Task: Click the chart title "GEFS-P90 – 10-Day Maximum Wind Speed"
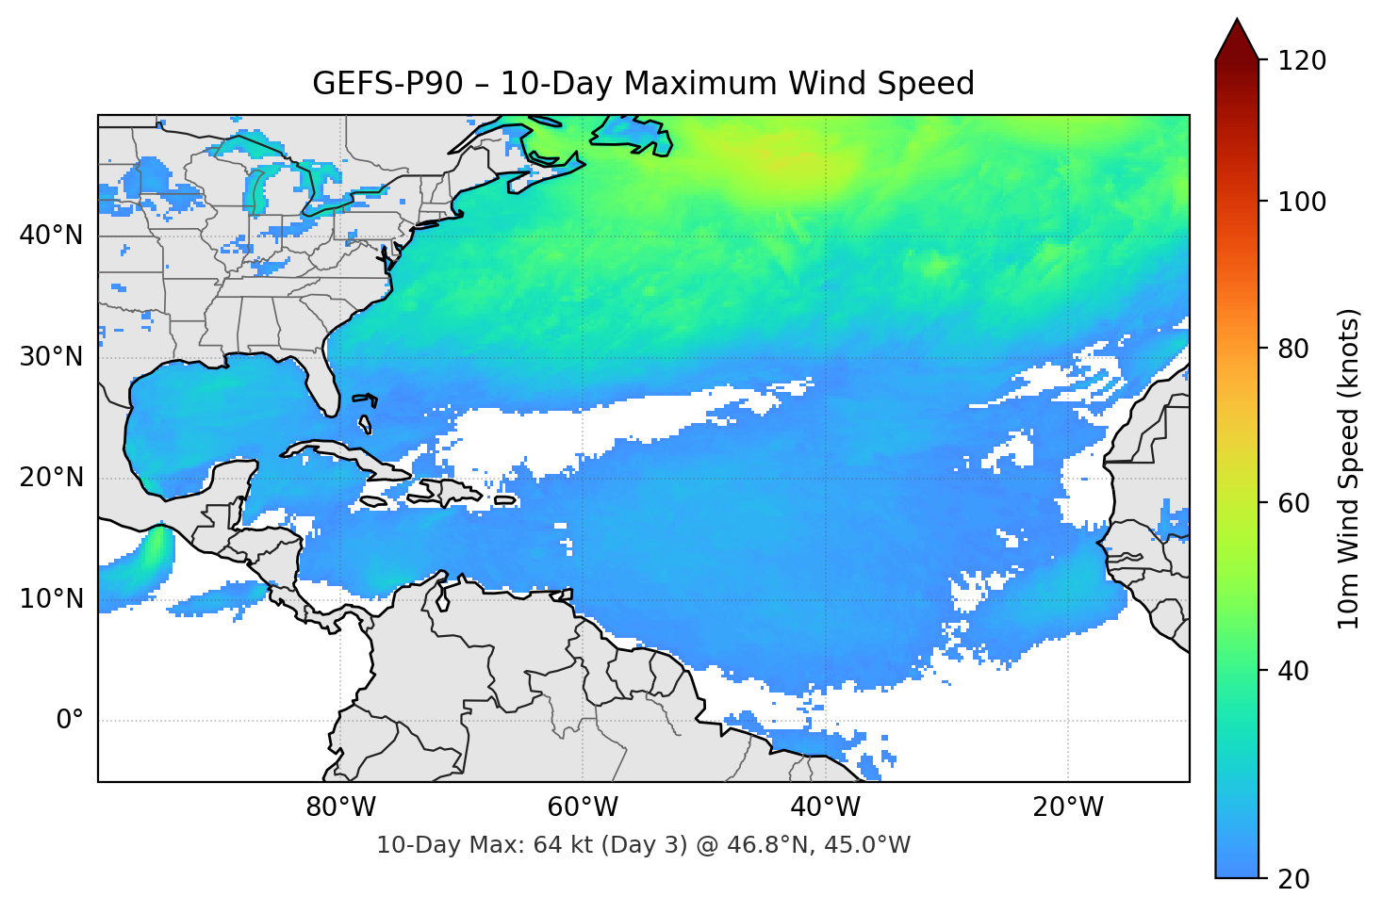pos(643,84)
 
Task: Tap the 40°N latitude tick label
pos(51,236)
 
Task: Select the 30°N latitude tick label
pos(51,357)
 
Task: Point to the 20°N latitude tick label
pos(51,478)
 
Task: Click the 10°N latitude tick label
pos(51,599)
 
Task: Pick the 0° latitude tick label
pos(70,721)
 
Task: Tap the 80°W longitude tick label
pos(340,807)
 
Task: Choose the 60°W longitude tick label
pos(583,807)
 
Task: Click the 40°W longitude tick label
pos(825,807)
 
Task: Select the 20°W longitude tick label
pos(1067,807)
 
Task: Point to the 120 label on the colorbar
pos(1302,61)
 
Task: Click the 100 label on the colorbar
pos(1302,202)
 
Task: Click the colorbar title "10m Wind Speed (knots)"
pos(1349,468)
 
